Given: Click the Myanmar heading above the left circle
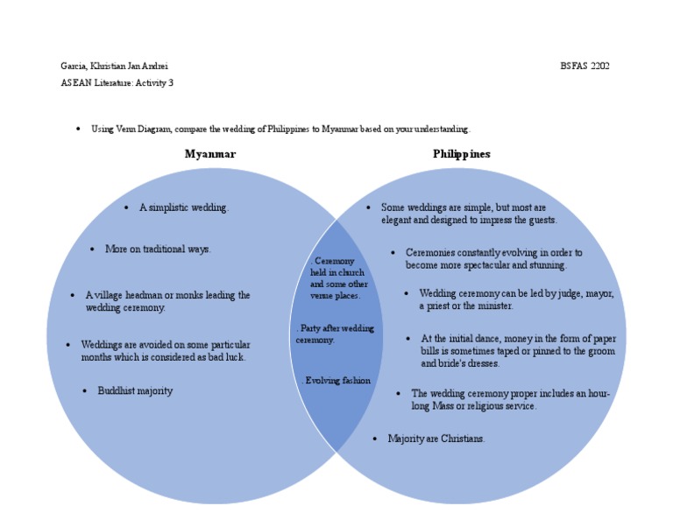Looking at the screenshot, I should [209, 154].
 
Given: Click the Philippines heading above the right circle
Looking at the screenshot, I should [461, 154].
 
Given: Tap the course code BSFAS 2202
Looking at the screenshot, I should [584, 66].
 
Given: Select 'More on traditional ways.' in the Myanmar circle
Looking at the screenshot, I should [158, 249].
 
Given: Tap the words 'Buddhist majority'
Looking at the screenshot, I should [135, 391].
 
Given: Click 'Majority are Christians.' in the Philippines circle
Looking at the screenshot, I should [436, 439].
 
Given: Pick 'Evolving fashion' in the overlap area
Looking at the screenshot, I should [337, 381].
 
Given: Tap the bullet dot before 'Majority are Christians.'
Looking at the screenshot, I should [375, 439].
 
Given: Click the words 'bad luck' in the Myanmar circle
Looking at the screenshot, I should [227, 357].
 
